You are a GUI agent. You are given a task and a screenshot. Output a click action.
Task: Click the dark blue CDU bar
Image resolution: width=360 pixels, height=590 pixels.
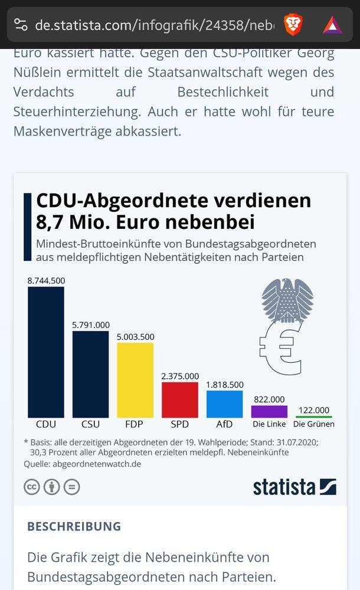(46, 352)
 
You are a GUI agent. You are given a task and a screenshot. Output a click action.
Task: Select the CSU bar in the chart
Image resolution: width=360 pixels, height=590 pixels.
(90, 374)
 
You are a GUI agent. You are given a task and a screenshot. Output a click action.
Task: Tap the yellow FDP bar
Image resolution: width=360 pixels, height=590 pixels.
(135, 380)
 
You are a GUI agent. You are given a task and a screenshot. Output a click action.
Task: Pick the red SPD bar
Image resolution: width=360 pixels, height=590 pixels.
(180, 399)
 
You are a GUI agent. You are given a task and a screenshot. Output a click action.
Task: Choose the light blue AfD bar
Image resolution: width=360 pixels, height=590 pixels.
(224, 404)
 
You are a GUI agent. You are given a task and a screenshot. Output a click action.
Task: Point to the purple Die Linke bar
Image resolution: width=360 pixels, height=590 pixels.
(269, 411)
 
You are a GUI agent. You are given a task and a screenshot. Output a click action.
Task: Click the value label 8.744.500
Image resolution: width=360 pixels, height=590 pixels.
(46, 281)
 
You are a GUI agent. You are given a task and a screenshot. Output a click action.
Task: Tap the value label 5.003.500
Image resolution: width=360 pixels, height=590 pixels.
(135, 337)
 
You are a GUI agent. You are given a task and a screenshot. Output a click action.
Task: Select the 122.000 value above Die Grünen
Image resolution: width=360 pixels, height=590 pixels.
(313, 410)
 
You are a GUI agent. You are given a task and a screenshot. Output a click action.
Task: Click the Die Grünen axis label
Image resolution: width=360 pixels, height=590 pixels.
(313, 424)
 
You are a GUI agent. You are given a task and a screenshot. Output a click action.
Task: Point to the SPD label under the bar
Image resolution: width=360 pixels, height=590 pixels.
(180, 424)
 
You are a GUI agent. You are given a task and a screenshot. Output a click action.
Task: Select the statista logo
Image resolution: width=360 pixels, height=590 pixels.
(294, 487)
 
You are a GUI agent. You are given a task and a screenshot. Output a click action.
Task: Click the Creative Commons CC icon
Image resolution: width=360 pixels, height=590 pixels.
(31, 487)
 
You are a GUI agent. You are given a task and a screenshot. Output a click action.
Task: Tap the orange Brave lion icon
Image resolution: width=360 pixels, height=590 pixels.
(293, 24)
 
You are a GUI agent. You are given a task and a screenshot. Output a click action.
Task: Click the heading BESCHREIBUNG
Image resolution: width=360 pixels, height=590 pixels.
(74, 526)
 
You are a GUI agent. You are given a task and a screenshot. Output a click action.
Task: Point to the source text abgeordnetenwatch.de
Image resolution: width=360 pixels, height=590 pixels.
(97, 464)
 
